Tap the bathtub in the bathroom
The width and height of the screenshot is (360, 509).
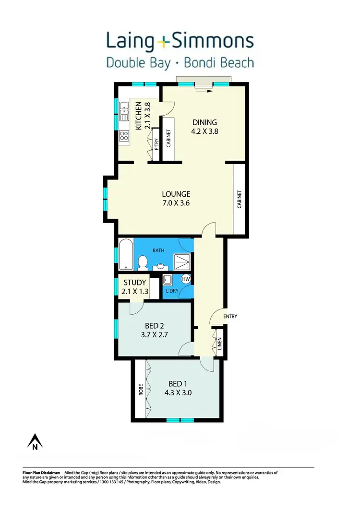tap(125, 254)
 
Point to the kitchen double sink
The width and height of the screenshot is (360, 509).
tap(123, 111)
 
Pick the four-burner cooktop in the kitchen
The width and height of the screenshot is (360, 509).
tap(123, 136)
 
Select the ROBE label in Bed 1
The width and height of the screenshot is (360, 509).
tap(141, 389)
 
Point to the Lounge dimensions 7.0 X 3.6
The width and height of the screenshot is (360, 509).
tap(176, 203)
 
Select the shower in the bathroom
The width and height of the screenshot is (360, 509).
tap(182, 261)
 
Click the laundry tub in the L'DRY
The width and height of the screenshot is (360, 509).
tap(168, 281)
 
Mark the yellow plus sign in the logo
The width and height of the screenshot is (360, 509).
tap(164, 43)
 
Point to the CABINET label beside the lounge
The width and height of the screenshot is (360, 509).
tap(239, 200)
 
